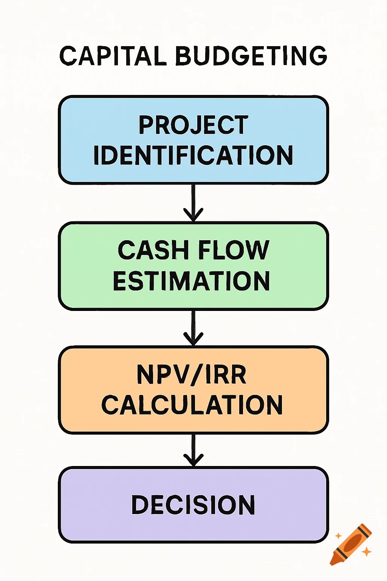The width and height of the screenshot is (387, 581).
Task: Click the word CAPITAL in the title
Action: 113,56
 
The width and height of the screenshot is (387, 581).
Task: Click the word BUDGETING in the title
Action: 251,56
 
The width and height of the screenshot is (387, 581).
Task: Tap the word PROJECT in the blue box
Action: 193,125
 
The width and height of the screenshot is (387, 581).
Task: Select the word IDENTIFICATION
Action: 193,155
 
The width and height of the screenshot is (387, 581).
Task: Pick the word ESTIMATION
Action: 192,281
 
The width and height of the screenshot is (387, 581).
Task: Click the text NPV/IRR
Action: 192,375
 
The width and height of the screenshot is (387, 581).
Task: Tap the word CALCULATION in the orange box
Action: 192,405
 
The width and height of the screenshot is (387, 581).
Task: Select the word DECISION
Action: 193,505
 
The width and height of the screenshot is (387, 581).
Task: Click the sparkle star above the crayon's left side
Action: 338,536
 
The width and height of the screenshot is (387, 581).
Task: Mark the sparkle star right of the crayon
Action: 366,552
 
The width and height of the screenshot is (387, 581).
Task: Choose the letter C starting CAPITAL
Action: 68,56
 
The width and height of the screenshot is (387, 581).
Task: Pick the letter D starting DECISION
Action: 139,505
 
